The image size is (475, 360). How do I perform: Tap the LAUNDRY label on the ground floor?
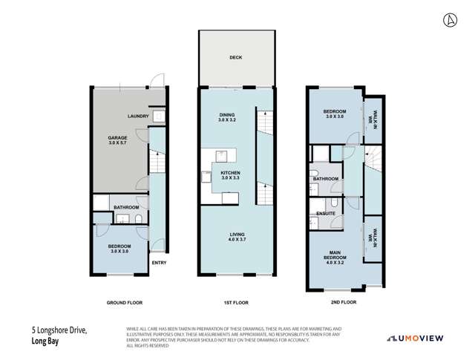click(139, 117)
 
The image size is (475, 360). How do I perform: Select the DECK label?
click(235, 58)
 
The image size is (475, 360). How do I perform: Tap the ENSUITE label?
click(326, 214)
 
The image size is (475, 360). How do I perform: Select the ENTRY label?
click(158, 263)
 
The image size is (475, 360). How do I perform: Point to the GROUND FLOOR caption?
click(124, 303)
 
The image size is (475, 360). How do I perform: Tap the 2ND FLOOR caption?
click(344, 303)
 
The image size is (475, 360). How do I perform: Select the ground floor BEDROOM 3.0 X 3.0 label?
click(120, 249)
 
